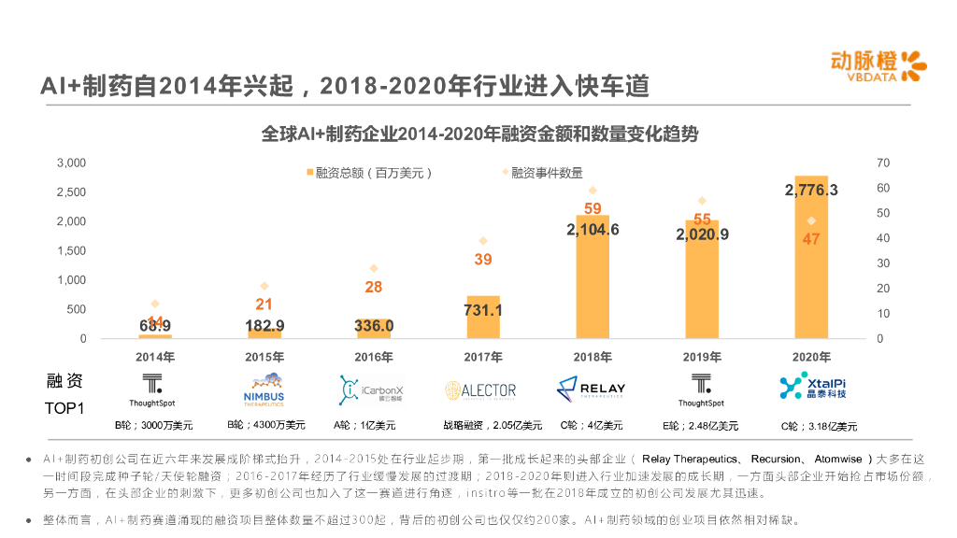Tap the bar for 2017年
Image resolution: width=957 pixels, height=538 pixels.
(482, 318)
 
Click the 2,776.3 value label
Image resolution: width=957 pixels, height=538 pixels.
(811, 190)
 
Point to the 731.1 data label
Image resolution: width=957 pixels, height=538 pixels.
(483, 309)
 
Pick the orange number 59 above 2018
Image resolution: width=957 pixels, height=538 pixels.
(593, 208)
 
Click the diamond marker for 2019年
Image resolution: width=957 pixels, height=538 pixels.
(702, 201)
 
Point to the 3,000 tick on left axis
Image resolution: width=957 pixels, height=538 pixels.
(71, 163)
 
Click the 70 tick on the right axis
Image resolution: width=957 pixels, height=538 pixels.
(883, 163)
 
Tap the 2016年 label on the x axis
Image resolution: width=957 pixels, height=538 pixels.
(374, 357)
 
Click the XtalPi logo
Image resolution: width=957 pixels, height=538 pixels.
(812, 386)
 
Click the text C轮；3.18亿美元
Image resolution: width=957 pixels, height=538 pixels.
(819, 426)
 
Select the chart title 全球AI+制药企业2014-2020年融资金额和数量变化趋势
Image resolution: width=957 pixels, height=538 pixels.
(479, 134)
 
